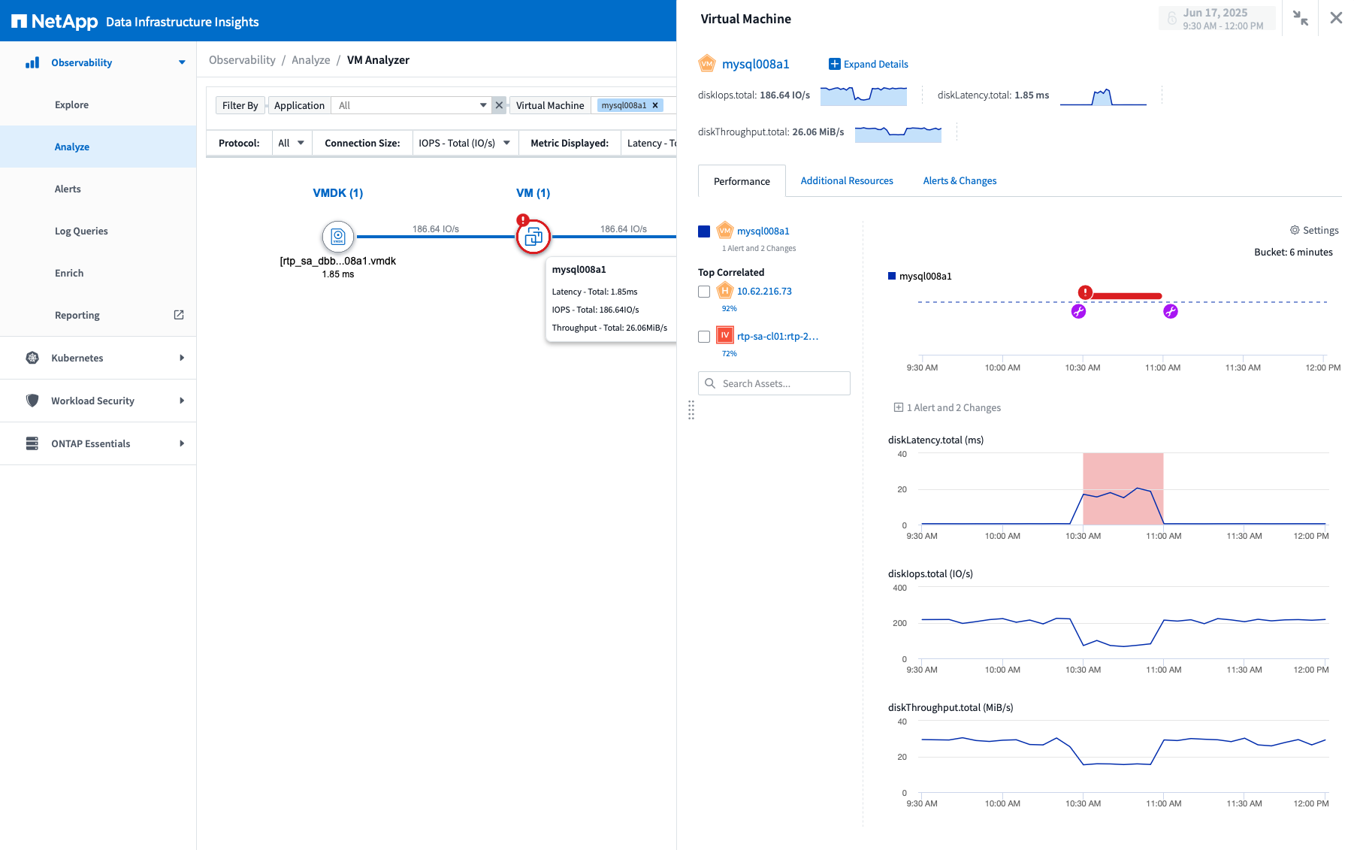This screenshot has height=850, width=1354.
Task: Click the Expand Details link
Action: (869, 64)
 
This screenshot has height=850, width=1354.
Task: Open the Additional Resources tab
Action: (847, 180)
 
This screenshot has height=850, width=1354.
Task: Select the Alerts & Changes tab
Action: (960, 180)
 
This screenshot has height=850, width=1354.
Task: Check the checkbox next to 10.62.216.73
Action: (704, 292)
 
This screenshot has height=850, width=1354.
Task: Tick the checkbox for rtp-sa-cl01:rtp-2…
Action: (704, 337)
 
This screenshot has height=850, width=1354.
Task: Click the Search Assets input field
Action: (781, 383)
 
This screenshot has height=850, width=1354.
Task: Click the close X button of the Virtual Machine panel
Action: (1336, 18)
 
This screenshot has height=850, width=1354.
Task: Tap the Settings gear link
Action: (1314, 230)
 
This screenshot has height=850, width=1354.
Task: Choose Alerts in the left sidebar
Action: (68, 189)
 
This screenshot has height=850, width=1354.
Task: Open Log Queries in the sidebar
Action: (81, 231)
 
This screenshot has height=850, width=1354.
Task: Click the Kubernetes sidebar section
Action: (77, 358)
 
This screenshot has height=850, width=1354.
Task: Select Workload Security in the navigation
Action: (92, 401)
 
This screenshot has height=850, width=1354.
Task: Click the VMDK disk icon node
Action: (338, 237)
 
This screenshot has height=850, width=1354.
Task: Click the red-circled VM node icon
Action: (533, 237)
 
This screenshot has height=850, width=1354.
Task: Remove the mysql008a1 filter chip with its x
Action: (655, 105)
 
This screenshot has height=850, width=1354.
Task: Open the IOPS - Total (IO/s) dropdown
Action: (464, 143)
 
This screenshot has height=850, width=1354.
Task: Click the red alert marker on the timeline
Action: (1085, 292)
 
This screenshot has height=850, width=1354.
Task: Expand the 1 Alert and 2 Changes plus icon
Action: (898, 407)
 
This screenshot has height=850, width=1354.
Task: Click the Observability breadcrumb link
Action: (242, 60)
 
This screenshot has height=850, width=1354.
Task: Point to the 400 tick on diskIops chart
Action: (899, 588)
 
